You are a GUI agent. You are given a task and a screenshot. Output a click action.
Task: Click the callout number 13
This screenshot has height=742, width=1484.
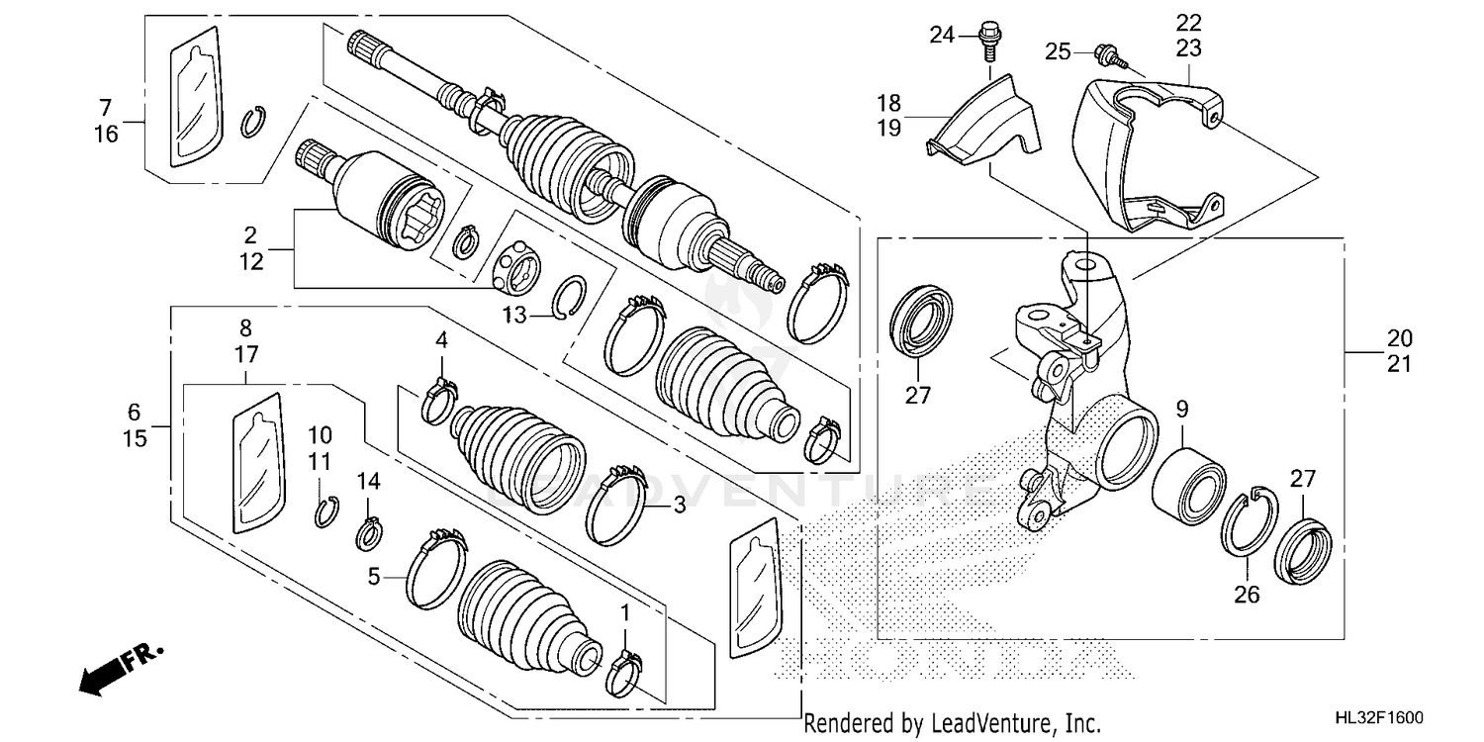(x=513, y=315)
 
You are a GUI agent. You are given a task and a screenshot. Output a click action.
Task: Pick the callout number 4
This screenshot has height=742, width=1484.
(x=441, y=341)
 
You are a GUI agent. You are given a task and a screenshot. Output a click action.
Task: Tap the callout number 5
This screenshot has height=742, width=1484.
(x=374, y=575)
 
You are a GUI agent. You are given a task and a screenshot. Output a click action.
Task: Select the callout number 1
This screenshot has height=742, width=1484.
(x=624, y=614)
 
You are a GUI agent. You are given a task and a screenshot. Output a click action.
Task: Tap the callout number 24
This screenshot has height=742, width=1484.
(x=941, y=37)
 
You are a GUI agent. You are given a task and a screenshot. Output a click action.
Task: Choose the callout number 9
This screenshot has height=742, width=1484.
(x=1182, y=407)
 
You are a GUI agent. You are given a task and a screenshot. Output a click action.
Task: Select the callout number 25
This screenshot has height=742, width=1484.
(x=1059, y=50)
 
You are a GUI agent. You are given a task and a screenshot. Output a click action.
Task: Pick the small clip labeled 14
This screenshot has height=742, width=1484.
(x=369, y=533)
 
